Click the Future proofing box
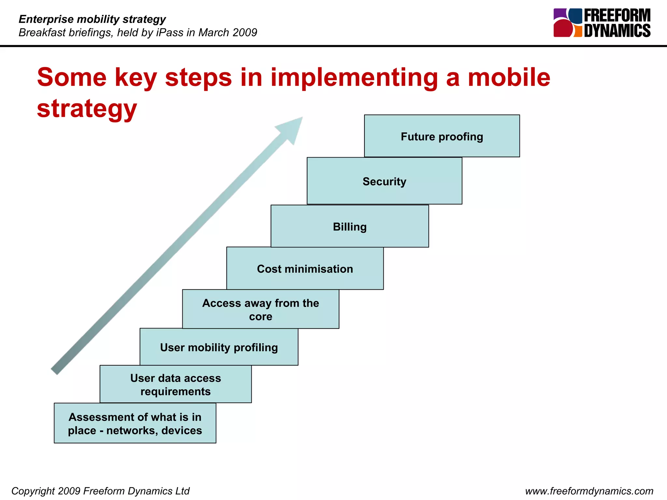(x=442, y=136)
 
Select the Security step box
(x=384, y=181)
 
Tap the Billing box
(x=349, y=226)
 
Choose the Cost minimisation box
(x=305, y=269)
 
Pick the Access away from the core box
(x=261, y=309)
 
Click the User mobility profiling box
(x=219, y=347)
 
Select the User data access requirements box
(x=176, y=384)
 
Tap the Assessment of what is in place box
(x=135, y=423)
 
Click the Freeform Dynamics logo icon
(x=568, y=23)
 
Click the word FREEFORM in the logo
(x=617, y=15)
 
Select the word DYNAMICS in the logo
(x=617, y=31)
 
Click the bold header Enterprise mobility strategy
(x=92, y=19)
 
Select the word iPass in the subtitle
(x=170, y=33)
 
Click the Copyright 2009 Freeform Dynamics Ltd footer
(x=100, y=491)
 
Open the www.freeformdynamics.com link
(x=589, y=491)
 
